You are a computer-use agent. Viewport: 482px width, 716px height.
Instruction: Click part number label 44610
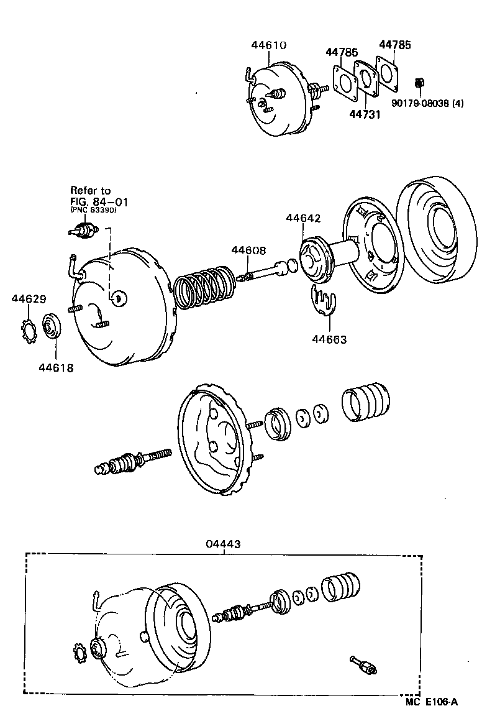269,45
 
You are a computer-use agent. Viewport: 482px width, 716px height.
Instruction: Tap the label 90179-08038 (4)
427,103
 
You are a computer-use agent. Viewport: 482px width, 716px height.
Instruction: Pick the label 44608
248,250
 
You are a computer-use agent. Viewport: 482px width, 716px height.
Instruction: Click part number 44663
329,339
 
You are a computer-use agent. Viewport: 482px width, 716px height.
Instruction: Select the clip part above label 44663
322,302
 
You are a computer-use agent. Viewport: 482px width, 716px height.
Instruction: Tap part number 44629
29,299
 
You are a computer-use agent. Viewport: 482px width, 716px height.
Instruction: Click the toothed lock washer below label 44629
28,329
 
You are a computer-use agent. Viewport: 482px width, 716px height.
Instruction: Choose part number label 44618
56,368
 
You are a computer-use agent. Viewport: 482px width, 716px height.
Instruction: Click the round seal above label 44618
51,327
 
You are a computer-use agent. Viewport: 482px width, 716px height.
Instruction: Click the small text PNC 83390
93,211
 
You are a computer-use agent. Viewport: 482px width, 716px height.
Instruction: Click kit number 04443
223,544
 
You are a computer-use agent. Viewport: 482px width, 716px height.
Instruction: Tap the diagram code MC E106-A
432,702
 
